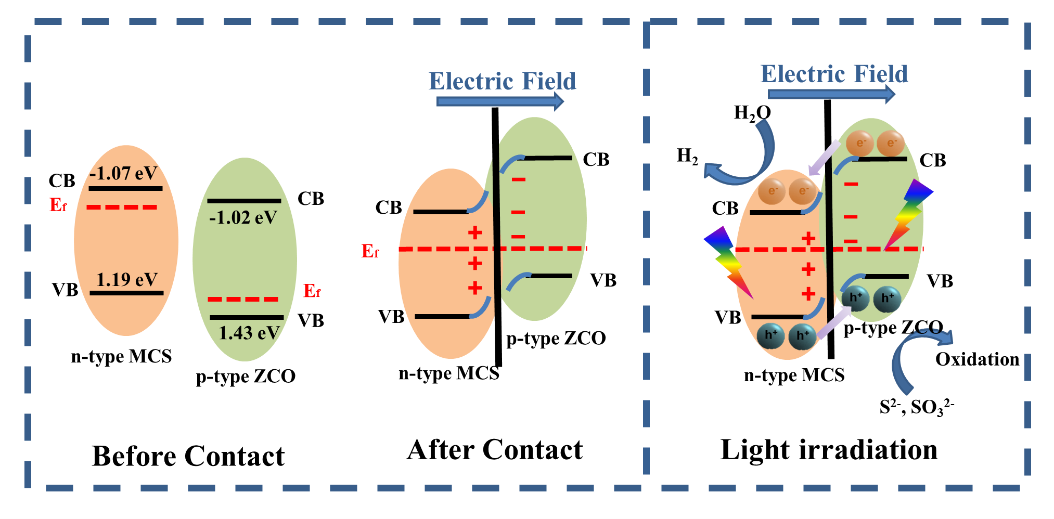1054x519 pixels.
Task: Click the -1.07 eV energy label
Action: [123, 173]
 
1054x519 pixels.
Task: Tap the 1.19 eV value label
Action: [127, 280]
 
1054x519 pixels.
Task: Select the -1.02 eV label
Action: [243, 217]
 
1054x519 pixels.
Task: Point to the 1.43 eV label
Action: [249, 333]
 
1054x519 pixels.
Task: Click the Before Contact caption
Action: [188, 456]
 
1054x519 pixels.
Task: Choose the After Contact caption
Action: [495, 450]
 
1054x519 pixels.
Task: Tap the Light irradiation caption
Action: [829, 450]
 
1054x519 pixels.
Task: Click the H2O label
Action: [752, 113]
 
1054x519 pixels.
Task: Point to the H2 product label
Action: [687, 156]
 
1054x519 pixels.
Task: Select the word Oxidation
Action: [977, 359]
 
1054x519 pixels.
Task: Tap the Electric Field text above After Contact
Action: [502, 82]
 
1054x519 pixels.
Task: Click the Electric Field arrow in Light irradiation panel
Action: [831, 94]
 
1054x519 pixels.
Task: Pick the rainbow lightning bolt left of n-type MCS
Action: [728, 263]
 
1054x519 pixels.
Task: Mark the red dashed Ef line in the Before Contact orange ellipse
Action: [122, 207]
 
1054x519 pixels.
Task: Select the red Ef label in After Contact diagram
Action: [370, 252]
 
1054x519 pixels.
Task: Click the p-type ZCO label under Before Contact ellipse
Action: [246, 376]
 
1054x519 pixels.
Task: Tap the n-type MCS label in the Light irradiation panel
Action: [794, 375]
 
